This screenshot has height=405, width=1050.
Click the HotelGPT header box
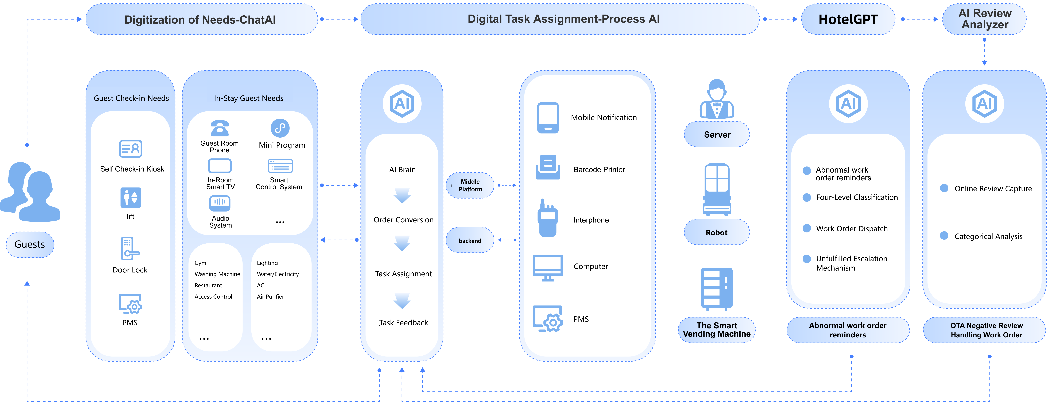848,19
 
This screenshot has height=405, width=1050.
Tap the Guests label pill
30,244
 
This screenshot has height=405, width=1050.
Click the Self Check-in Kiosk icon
130,149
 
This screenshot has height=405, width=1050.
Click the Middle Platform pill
470,185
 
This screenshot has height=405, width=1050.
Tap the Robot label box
717,232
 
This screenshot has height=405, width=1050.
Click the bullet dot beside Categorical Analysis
944,236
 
